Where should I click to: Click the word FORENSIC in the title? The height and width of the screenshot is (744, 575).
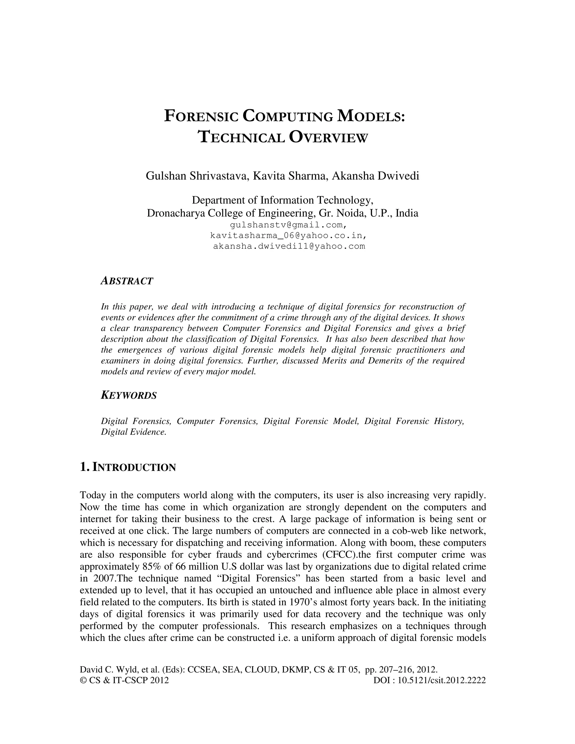[x=201, y=116]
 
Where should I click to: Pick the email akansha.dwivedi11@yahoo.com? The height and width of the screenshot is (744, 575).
[x=289, y=246]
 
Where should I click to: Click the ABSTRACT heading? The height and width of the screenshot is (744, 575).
[x=127, y=281]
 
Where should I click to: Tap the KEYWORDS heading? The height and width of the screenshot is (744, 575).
[x=129, y=396]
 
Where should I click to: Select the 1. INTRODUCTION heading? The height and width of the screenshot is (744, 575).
[x=128, y=467]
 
